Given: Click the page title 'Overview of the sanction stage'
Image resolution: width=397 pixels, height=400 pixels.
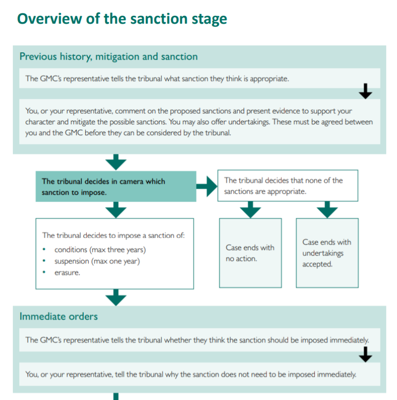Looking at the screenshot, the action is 122,19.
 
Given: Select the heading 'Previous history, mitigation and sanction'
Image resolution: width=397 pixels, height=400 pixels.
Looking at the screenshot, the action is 108,56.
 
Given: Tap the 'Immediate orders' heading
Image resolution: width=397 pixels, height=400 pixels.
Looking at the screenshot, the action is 59,316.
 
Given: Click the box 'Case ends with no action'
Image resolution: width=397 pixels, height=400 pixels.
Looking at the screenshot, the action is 251,253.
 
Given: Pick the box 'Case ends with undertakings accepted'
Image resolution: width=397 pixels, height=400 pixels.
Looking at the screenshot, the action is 327,253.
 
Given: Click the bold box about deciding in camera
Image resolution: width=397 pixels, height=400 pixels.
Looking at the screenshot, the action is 116,186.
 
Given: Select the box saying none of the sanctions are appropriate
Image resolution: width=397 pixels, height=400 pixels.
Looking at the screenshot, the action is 288,185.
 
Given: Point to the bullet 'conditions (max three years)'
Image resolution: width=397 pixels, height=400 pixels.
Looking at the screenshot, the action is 100,250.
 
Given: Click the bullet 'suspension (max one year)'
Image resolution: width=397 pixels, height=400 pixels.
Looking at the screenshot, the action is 97,261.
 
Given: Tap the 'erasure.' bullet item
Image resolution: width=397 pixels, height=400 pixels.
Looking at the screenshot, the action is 67,272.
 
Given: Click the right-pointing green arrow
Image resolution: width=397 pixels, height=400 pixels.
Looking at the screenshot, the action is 207,186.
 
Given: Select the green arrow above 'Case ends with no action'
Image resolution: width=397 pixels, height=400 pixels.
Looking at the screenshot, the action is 251,210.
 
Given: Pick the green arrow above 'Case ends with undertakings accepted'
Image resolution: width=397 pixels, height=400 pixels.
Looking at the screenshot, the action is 327,210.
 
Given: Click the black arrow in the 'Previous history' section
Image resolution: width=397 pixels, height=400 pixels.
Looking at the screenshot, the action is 365,91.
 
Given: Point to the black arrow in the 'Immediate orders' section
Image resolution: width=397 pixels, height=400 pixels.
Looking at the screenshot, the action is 365,354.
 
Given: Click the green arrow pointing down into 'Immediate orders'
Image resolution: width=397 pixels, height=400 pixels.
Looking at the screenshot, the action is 116,297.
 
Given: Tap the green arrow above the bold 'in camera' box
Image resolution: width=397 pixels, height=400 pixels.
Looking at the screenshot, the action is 116,162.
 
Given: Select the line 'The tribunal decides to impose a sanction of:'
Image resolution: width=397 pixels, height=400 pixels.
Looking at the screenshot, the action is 113,235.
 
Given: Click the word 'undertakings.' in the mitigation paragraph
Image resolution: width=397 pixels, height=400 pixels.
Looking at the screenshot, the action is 249,122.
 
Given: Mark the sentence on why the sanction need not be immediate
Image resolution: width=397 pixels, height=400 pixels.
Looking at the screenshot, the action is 191,374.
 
